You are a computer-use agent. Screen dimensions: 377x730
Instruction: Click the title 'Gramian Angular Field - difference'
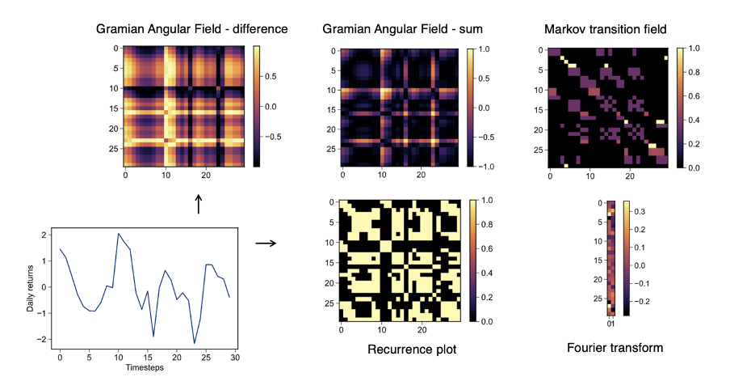click(x=192, y=29)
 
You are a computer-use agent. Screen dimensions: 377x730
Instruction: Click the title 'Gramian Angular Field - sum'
click(x=402, y=29)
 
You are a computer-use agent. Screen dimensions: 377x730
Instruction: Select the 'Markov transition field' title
click(x=606, y=29)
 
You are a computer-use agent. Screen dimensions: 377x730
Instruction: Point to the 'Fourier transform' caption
click(x=615, y=348)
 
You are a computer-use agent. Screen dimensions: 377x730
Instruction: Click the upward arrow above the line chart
click(x=199, y=204)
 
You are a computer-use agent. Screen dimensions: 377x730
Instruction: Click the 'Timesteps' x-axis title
click(x=145, y=367)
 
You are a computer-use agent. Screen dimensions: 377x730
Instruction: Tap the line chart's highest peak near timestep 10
click(x=119, y=234)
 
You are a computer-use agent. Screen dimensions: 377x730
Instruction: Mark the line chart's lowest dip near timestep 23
click(x=195, y=343)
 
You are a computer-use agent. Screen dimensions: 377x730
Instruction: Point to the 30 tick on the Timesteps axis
click(x=235, y=356)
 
